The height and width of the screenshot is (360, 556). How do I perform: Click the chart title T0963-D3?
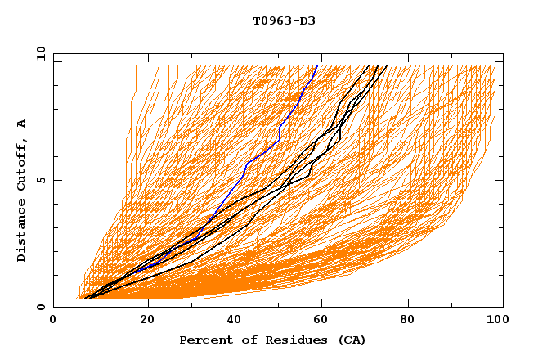[x=284, y=20]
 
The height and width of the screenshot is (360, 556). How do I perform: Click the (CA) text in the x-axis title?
[x=352, y=340]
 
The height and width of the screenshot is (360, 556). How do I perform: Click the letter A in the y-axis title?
[x=22, y=124]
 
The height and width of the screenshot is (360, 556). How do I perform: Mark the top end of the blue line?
[x=316, y=66]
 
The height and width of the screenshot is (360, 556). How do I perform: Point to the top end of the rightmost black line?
[x=386, y=66]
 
